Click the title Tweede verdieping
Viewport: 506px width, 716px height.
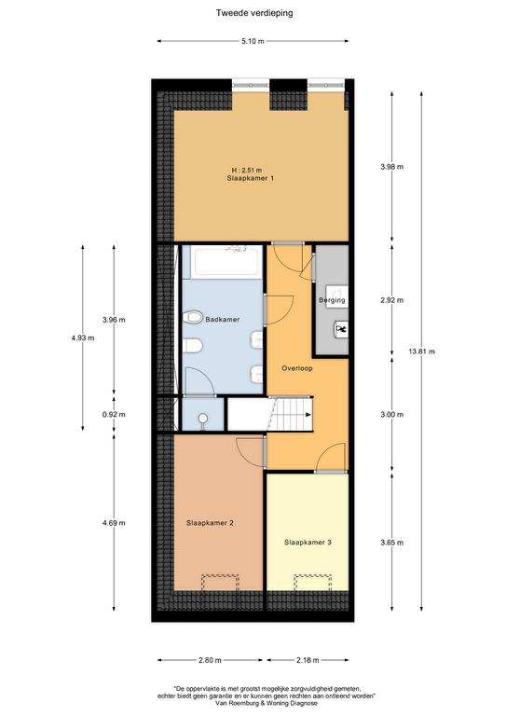tap(254, 13)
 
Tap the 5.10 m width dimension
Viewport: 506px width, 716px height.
tap(253, 41)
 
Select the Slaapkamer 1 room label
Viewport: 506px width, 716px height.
tap(250, 178)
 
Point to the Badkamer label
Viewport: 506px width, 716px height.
tap(222, 319)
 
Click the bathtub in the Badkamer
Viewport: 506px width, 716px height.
tap(226, 262)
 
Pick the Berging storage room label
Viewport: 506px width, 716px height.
tap(332, 300)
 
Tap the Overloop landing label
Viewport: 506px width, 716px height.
tap(297, 368)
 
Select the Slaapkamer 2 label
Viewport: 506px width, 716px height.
tap(210, 523)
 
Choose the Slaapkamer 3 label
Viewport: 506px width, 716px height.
tap(308, 543)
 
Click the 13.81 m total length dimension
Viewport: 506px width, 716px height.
tap(421, 351)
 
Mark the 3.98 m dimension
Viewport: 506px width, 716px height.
tap(392, 167)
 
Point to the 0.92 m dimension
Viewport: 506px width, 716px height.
tap(114, 415)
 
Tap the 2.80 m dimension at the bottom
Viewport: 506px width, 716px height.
tap(210, 660)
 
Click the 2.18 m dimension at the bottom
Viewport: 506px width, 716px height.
tap(308, 660)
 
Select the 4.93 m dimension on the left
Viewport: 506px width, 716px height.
tap(83, 337)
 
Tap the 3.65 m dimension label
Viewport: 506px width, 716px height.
tap(392, 543)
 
